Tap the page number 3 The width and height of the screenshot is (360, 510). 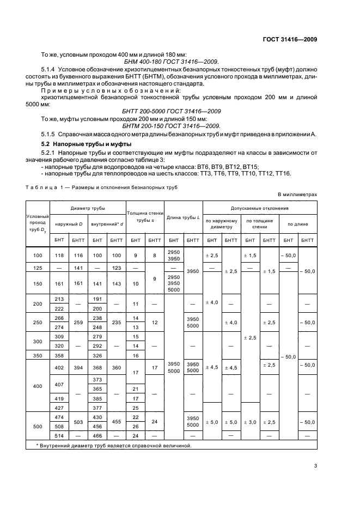pyautogui.click(x=315, y=465)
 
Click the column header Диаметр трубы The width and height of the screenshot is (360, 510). pyautogui.click(x=88, y=208)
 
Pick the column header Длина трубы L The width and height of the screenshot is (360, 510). pyautogui.click(x=184, y=218)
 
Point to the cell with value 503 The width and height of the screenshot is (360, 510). pyautogui.click(x=78, y=421)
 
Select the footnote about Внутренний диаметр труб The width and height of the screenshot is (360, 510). pyautogui.click(x=114, y=445)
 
